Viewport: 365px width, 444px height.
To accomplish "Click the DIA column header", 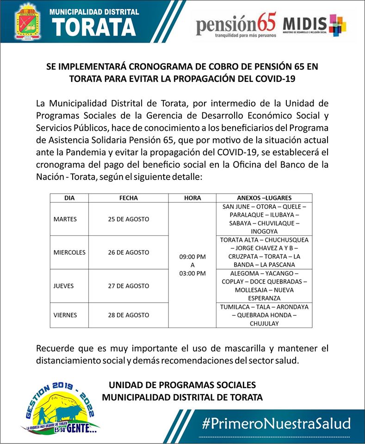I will tap(69, 198).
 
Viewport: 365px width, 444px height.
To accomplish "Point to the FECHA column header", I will tap(128, 198).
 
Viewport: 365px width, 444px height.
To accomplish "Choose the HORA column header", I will tap(192, 198).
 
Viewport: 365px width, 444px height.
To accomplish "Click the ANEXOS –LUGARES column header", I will tap(264, 198).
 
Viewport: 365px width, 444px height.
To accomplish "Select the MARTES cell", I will tap(65, 219).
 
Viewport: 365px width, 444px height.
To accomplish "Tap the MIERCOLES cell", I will tap(69, 253).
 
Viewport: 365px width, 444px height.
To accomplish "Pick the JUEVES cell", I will tap(64, 286).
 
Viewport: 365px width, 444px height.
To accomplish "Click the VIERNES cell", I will tap(65, 315).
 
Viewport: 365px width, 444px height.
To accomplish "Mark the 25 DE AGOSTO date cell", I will tap(128, 219).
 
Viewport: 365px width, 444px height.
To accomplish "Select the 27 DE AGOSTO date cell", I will tap(128, 286).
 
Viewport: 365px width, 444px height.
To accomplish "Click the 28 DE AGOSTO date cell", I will tap(128, 315).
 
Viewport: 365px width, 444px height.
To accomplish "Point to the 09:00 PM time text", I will tap(192, 256).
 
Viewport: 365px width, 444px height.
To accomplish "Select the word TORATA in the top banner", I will tap(94, 27).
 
